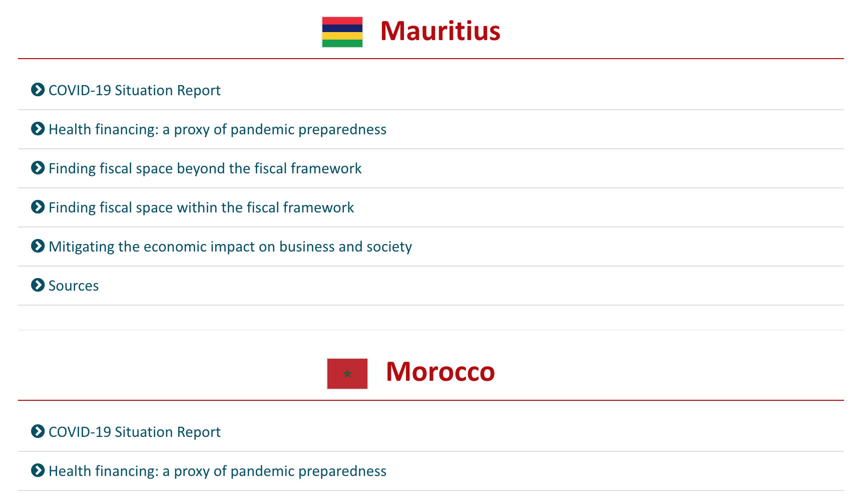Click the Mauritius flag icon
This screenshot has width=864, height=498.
pos(342,32)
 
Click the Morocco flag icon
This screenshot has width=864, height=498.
pos(347,374)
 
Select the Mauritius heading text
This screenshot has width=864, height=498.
pos(441,31)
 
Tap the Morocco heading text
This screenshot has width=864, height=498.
pos(441,372)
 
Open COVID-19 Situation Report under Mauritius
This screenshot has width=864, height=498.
pos(135,90)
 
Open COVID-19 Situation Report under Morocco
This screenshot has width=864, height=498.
pos(135,432)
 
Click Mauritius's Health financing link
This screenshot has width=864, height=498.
pos(218,130)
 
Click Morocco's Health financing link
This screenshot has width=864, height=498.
pos(218,471)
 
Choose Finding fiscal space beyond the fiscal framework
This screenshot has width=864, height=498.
pos(205,169)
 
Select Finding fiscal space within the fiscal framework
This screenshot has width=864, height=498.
pos(201,208)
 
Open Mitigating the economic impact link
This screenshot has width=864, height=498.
pos(230,247)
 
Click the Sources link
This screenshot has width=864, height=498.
pos(74,286)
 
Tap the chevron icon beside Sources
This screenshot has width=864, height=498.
pos(38,285)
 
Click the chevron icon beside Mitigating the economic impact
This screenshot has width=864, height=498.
pos(38,246)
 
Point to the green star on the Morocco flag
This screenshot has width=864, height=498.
pos(347,374)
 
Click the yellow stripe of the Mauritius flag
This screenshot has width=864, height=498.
pos(342,36)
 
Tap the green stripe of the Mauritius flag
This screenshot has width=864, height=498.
pos(342,44)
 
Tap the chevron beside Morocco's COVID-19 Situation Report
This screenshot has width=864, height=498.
pos(38,431)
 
